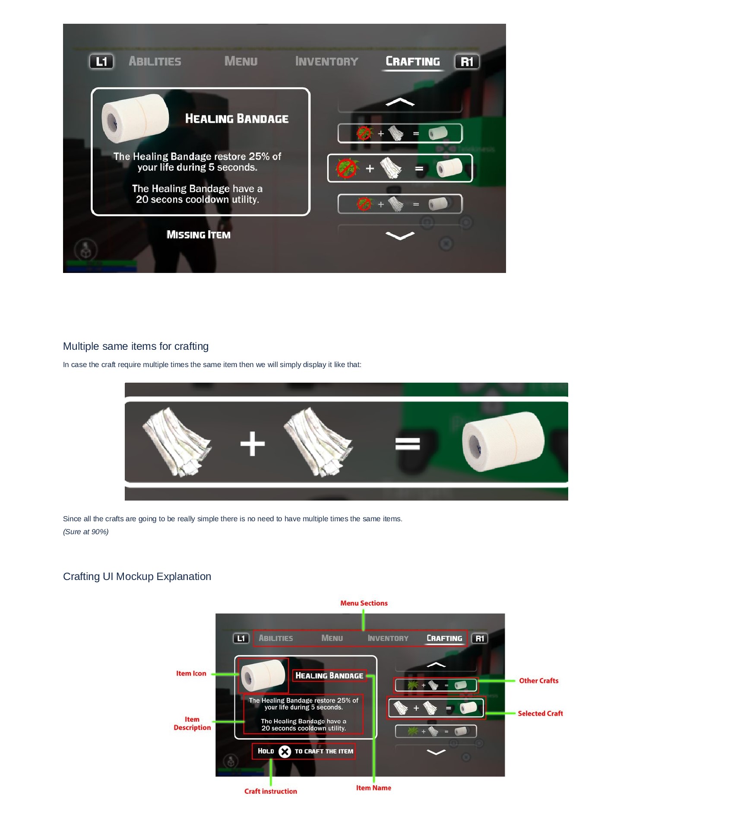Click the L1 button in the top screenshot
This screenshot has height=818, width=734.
point(101,62)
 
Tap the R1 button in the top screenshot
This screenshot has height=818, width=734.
point(467,62)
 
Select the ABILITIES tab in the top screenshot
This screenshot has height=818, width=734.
point(155,61)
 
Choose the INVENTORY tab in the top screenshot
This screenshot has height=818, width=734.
point(326,61)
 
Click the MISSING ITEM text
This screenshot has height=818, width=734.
point(199,235)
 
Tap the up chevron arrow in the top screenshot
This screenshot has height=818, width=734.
point(400,102)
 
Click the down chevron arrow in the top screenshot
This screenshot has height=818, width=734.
point(400,235)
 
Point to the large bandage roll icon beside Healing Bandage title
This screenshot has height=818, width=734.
point(135,118)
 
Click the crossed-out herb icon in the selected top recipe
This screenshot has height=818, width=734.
point(347,168)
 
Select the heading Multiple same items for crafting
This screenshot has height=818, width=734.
point(136,346)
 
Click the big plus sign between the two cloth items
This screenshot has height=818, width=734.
point(253,444)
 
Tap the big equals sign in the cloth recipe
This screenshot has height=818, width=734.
point(408,444)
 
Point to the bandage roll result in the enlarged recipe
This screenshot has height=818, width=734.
point(503,442)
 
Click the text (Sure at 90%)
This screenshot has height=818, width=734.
point(85,532)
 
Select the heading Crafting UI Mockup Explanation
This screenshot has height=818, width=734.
point(137,577)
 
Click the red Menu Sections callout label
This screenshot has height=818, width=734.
point(364,603)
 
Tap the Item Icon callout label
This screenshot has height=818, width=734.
point(191,673)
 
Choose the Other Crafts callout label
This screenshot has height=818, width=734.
point(538,681)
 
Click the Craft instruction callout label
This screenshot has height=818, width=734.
point(270,791)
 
